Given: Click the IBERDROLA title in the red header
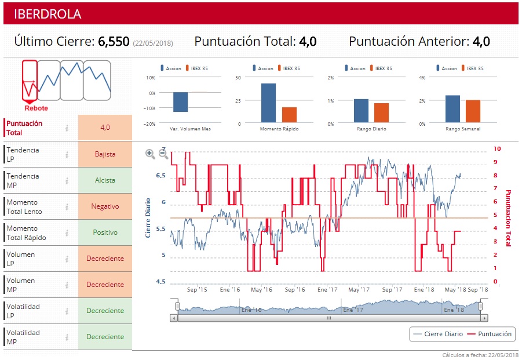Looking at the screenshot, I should click(48, 14).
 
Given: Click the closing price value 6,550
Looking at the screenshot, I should click(114, 42).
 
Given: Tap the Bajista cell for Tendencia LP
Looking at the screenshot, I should click(105, 154).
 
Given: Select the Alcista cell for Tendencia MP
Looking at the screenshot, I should click(105, 180).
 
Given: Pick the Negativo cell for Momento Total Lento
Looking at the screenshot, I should click(105, 206).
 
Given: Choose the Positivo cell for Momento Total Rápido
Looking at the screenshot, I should click(105, 232).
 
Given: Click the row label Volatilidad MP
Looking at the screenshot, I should click(23, 337).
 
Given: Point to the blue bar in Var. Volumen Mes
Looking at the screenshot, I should click(180, 102).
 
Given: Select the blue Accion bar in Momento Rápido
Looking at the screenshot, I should click(268, 103).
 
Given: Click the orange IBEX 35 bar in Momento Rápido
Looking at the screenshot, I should click(289, 115).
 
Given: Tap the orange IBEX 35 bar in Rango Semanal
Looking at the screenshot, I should click(473, 111).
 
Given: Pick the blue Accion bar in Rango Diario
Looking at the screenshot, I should click(361, 111).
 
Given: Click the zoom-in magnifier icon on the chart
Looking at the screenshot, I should click(150, 154).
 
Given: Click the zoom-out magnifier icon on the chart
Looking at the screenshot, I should click(163, 154).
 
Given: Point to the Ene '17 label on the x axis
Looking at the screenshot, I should click(327, 289).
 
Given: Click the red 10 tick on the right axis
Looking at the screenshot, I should click(497, 149).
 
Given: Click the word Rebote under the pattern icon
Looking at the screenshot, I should click(36, 108).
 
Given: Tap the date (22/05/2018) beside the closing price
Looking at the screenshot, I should click(153, 43).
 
